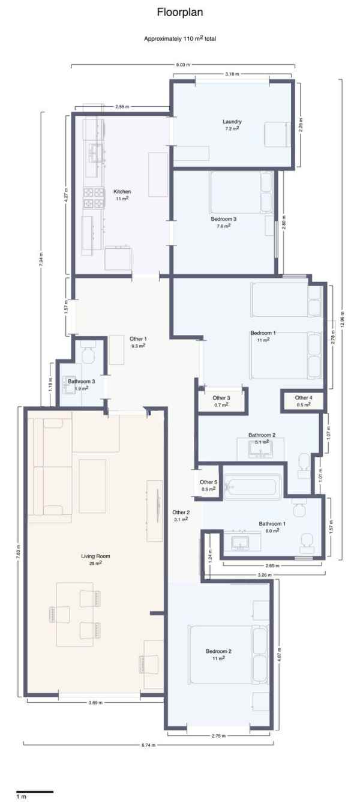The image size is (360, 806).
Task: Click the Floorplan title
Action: click(x=180, y=13)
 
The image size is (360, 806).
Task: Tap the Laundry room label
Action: click(x=232, y=122)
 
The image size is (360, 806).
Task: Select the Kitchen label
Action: click(x=122, y=192)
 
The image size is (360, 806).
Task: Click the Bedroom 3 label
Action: click(x=224, y=219)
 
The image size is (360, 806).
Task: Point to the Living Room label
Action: click(x=95, y=556)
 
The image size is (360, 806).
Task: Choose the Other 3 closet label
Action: click(x=221, y=398)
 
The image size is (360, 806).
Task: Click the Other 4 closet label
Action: click(x=304, y=398)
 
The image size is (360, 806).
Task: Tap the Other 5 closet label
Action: click(x=209, y=482)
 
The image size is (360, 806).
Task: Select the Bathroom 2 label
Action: click(x=262, y=435)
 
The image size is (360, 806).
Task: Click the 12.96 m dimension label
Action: click(x=342, y=319)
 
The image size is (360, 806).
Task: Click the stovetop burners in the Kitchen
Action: click(x=94, y=198)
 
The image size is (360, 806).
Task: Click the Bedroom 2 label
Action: click(x=218, y=651)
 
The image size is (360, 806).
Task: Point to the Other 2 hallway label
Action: click(x=181, y=513)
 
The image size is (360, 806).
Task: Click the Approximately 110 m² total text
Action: click(x=180, y=38)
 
